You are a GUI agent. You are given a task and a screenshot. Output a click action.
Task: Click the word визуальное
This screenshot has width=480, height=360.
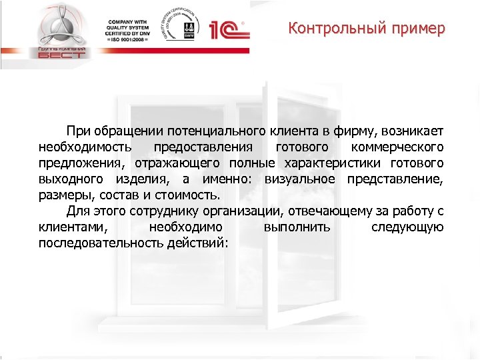pyautogui.click(x=301, y=179)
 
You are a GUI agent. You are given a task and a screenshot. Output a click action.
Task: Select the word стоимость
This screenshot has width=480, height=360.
pyautogui.click(x=189, y=195)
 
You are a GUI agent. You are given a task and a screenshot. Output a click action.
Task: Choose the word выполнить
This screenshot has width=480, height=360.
pyautogui.click(x=295, y=228)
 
